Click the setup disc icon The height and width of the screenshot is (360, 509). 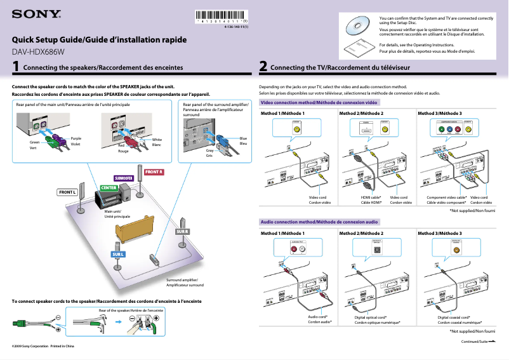tap(356, 26)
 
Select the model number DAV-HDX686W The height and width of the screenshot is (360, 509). tap(39, 52)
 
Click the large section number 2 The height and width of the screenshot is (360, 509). tap(263, 66)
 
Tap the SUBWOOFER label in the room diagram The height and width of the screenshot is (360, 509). tap(122, 178)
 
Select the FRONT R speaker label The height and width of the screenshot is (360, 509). tap(154, 172)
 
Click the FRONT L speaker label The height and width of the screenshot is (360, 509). tap(67, 192)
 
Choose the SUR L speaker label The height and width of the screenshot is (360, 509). tap(118, 255)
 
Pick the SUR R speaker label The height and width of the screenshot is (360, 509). tap(183, 231)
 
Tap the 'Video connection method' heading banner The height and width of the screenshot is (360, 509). tap(320, 102)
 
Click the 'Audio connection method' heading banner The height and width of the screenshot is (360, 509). tap(320, 222)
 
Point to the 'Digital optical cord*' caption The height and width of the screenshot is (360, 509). tap(371, 317)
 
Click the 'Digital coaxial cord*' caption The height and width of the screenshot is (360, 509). tap(454, 317)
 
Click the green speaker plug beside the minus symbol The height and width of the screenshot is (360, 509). tap(20, 323)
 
